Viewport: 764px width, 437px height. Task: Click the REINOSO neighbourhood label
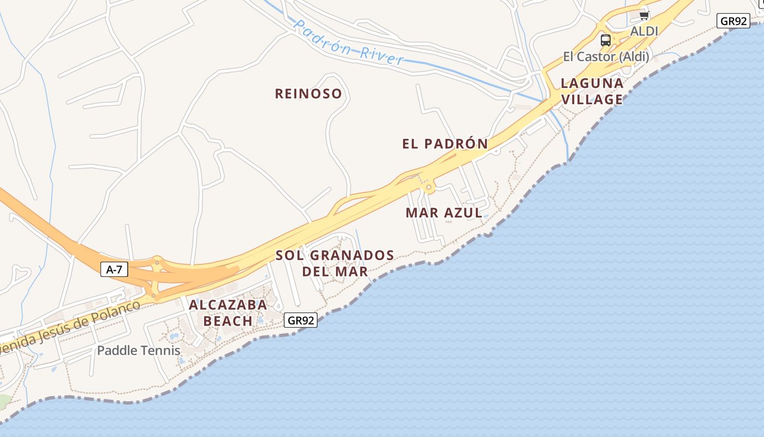click(308, 94)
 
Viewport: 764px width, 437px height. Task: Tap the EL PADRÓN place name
click(445, 144)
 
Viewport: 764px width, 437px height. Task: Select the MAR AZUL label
click(444, 213)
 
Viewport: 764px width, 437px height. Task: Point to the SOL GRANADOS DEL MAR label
click(335, 263)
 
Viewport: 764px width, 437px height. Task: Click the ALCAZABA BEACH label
click(228, 312)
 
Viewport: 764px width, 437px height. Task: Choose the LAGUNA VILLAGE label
click(592, 91)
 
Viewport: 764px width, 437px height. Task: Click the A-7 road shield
click(114, 269)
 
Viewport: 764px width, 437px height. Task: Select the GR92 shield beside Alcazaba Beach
click(301, 321)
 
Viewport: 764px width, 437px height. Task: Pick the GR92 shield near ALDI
click(733, 21)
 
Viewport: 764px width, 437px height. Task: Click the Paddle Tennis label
click(139, 351)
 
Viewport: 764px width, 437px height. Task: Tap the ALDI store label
click(644, 32)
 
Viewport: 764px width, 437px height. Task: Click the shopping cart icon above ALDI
click(644, 15)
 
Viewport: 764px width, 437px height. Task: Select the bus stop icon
click(606, 40)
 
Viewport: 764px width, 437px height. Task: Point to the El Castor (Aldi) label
click(606, 57)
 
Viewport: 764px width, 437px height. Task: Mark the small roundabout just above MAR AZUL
click(429, 187)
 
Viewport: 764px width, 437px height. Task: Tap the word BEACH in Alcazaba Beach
click(228, 321)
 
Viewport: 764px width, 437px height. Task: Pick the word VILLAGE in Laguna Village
click(592, 99)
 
